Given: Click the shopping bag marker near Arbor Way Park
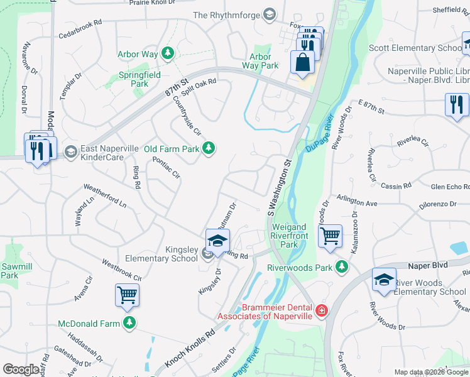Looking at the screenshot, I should [x=303, y=63].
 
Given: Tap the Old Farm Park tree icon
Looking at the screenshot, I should [x=209, y=149].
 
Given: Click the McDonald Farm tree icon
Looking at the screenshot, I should [x=129, y=323].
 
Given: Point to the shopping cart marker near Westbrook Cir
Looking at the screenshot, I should [x=127, y=295].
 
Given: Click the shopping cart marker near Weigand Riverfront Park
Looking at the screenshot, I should [x=330, y=236].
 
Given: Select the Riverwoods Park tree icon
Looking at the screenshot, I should [x=342, y=267].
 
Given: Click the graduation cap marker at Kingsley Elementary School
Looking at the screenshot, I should [x=217, y=241].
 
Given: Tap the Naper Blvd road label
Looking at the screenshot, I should [x=430, y=265].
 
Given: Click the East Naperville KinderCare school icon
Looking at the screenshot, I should [x=71, y=151].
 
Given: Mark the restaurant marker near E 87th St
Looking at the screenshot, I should [x=456, y=104].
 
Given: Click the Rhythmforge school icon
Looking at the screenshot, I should [x=270, y=14].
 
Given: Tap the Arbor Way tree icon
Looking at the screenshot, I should [x=167, y=53].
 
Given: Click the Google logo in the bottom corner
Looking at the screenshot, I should [x=21, y=369].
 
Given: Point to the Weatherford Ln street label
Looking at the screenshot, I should [x=105, y=195].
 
